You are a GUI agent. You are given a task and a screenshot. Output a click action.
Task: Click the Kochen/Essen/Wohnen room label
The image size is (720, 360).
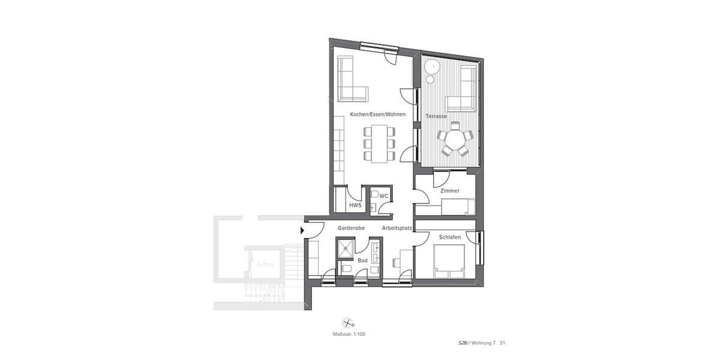377,114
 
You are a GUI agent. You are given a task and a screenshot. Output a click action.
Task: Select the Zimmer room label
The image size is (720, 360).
449,191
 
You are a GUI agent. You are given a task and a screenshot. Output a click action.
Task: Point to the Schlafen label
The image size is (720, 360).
450,238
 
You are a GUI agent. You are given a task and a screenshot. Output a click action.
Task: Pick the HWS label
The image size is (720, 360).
355,205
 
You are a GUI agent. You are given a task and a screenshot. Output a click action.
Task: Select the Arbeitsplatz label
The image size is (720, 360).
397,228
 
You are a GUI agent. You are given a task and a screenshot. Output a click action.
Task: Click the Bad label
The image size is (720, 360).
362,261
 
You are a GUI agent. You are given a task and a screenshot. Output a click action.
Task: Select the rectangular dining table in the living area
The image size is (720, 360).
379,144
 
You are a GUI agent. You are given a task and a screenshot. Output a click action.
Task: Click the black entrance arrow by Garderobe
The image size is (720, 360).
302,229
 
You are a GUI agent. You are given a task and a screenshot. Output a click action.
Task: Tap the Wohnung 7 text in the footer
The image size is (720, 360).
484,344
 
